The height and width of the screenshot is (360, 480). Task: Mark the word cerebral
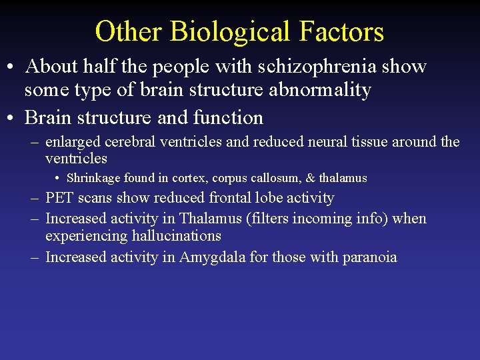(127, 142)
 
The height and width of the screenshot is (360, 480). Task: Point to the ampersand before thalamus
(310, 178)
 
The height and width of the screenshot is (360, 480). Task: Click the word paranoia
(369, 257)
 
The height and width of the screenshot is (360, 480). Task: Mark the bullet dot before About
(12, 67)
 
